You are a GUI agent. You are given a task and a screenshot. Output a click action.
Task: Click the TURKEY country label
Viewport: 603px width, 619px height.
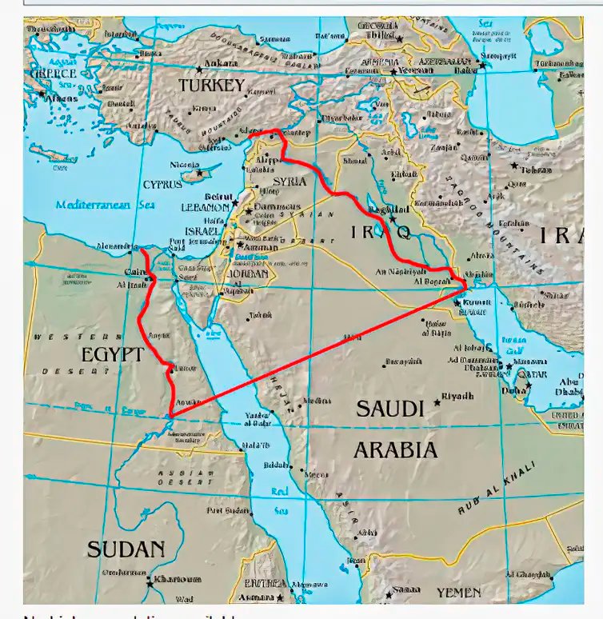click(211, 86)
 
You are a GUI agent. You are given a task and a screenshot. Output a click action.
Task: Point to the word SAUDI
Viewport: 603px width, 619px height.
click(389, 409)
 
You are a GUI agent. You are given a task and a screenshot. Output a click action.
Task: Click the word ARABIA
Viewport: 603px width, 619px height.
click(395, 449)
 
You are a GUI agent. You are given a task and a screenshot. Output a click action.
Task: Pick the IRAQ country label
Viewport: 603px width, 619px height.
click(381, 232)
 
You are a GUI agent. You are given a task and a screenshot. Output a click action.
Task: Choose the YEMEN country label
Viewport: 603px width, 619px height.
click(458, 593)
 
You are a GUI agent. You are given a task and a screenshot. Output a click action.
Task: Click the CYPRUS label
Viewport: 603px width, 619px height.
click(162, 184)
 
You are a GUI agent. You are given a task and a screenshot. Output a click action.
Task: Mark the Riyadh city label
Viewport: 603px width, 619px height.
click(458, 396)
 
